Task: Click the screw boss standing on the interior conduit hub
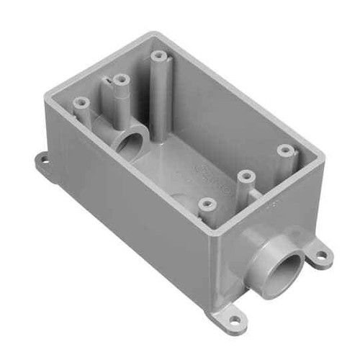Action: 121,79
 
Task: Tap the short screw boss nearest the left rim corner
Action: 81,104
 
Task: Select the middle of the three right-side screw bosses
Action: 246,176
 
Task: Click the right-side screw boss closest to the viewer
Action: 208,204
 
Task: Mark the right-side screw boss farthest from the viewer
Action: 286,150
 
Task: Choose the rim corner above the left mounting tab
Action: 48,92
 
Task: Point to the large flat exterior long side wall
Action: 137,216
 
